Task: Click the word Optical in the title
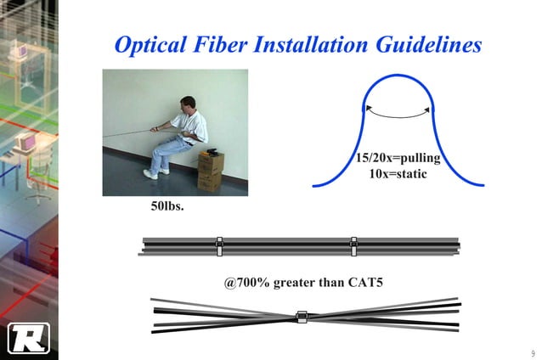155,44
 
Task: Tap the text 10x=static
397,175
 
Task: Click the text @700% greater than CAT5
303,279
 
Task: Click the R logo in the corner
28,338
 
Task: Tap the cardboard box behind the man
211,171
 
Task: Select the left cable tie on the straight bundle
218,247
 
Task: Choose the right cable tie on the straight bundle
353,247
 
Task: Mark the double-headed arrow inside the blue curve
396,109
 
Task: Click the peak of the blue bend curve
397,82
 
